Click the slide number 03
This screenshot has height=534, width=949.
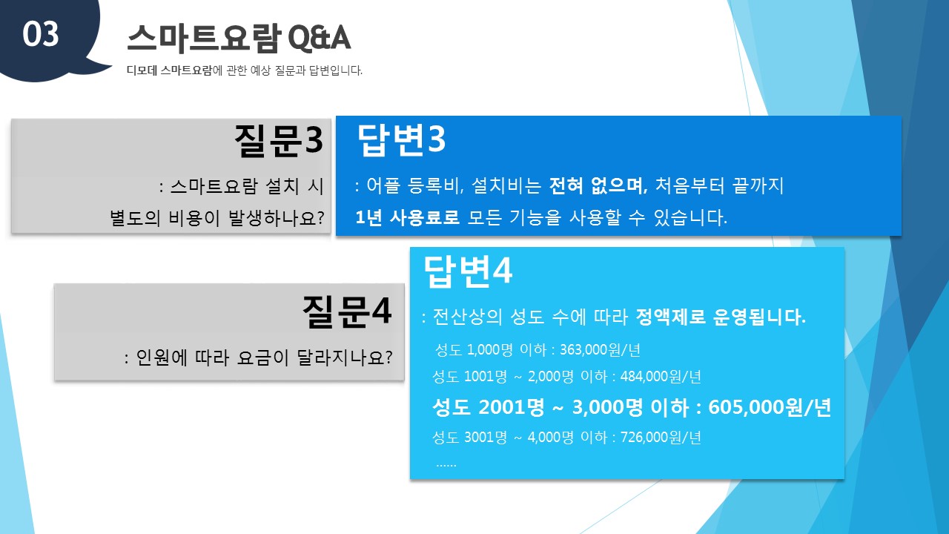pos(40,34)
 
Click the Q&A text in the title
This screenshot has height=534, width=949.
pos(320,37)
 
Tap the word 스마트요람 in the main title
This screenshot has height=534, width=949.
pos(204,38)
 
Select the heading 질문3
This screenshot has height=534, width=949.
pos(278,140)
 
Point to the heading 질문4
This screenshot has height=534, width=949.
pos(347,311)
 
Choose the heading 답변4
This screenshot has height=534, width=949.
pos(468,271)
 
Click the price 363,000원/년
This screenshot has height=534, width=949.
pos(600,350)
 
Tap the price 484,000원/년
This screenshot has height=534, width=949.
pos(661,376)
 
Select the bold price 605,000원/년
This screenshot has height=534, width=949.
pos(770,407)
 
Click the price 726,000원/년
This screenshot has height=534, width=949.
pos(661,437)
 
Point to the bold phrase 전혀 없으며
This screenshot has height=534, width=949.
pos(598,185)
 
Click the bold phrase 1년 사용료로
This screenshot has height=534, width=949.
pos(407,217)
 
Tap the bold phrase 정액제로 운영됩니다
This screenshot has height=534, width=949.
pos(720,317)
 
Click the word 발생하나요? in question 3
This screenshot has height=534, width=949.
pos(277,218)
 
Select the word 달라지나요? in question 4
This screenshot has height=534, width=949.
pos(345,357)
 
